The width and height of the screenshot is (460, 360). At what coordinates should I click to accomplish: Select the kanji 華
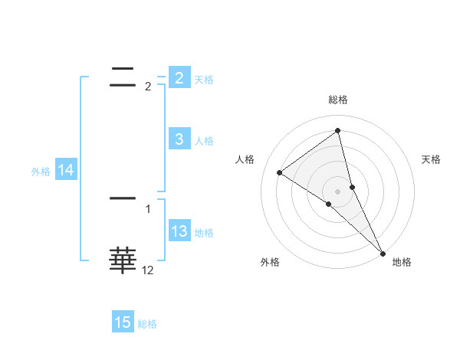click(x=123, y=260)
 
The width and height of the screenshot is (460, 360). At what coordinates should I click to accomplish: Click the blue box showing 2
click(x=179, y=78)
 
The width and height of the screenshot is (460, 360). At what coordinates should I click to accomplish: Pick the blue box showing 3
click(x=179, y=139)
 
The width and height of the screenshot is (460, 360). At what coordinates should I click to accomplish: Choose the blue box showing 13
click(x=179, y=232)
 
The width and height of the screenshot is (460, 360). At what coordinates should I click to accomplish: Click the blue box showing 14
click(x=65, y=171)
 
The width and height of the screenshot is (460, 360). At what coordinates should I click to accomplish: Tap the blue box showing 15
click(x=123, y=322)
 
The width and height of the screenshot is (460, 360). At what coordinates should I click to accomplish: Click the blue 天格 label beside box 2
click(x=204, y=80)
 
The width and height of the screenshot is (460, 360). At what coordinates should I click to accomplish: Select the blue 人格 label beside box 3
click(x=204, y=141)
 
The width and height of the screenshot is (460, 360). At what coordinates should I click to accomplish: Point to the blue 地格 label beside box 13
click(x=204, y=233)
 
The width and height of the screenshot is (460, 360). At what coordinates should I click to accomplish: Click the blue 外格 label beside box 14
click(x=41, y=172)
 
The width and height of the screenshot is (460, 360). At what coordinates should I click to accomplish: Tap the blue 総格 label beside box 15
click(x=147, y=324)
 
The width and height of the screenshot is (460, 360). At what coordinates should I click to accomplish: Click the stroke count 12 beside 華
click(x=147, y=270)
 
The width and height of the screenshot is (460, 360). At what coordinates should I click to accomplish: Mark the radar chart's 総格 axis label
click(x=337, y=100)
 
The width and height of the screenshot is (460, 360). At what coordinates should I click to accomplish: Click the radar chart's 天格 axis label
click(x=431, y=159)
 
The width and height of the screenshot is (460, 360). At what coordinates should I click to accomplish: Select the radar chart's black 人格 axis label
click(x=245, y=159)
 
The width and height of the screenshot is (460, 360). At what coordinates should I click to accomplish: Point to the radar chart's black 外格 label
click(x=270, y=262)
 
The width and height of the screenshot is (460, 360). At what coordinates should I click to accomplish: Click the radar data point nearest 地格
click(x=382, y=252)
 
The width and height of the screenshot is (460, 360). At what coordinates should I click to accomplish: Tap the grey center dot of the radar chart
click(x=337, y=191)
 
